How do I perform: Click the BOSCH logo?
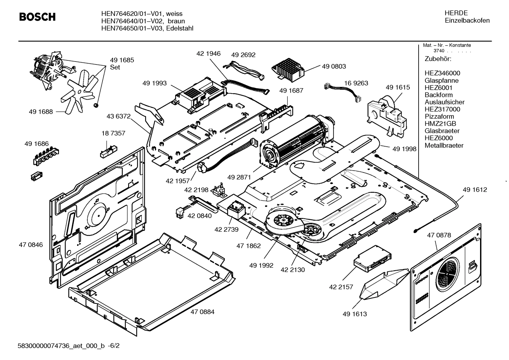(x=37, y=17)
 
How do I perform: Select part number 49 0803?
(x=334, y=66)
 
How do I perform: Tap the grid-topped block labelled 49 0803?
(x=288, y=70)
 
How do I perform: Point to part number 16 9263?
(x=356, y=83)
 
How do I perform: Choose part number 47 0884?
(x=203, y=312)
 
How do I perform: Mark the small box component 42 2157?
(x=372, y=259)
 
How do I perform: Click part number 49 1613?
(x=355, y=314)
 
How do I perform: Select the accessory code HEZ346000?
(x=442, y=73)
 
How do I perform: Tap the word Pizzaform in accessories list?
(x=439, y=117)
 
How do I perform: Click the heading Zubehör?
(x=438, y=59)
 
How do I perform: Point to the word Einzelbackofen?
(x=467, y=20)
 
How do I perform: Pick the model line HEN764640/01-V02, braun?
(x=143, y=21)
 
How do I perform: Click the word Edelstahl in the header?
(x=180, y=28)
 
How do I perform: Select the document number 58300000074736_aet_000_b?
(x=61, y=346)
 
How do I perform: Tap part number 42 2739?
(x=227, y=230)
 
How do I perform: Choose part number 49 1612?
(x=475, y=190)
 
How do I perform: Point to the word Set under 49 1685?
(x=115, y=67)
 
